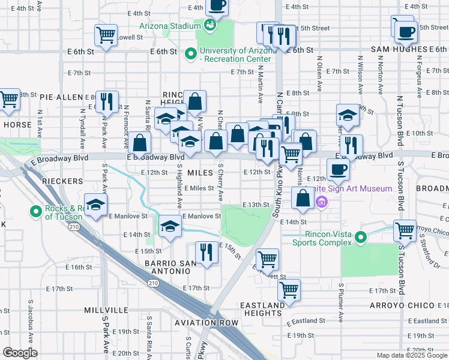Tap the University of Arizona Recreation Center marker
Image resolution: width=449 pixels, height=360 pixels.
click(191, 54)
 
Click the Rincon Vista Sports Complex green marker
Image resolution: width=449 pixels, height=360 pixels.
click(361, 238)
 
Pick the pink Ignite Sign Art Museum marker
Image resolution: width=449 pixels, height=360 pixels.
click(322, 201)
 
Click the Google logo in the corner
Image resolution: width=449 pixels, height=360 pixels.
click(20, 353)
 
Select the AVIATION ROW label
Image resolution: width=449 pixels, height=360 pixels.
click(206, 323)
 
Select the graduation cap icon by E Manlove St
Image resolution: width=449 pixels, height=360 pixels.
click(95, 205)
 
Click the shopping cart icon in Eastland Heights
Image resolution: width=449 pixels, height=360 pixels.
click(289, 290)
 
